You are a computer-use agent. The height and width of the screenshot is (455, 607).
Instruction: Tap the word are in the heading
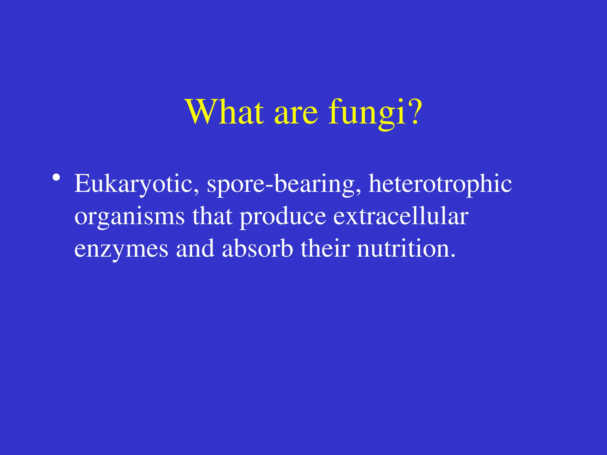click(x=296, y=114)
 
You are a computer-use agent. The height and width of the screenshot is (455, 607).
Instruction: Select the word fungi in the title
click(x=367, y=114)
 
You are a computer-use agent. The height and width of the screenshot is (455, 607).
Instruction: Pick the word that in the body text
click(x=212, y=216)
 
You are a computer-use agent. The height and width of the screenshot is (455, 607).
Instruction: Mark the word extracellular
click(x=401, y=216)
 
